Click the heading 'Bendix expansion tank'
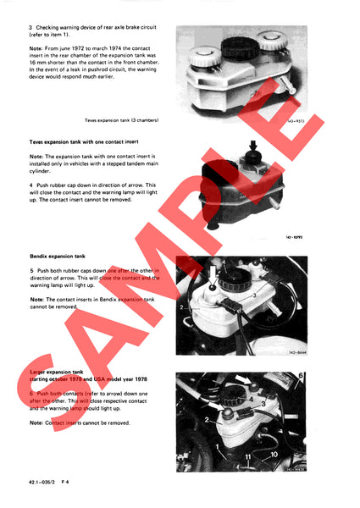(56, 255)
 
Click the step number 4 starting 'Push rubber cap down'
(31, 185)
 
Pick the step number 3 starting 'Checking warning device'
(31, 29)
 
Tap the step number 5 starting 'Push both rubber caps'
(31, 270)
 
